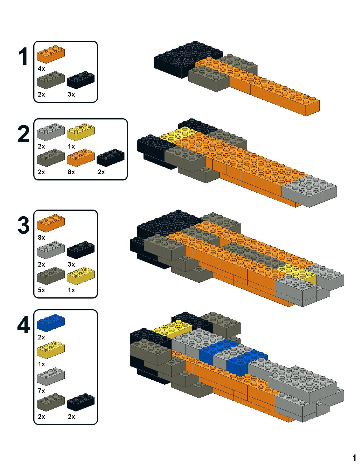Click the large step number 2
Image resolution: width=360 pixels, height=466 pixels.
pos(23,135)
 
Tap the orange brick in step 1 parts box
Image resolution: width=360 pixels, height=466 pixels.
pos(51,54)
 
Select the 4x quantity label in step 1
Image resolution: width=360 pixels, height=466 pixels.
pos(41,69)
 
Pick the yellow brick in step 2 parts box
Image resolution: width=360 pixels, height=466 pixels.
pos(80,132)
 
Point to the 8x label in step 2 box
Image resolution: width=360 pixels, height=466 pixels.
pos(71,172)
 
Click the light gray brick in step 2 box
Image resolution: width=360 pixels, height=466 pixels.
pos(51,132)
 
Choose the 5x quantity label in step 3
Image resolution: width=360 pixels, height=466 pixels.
pos(41,290)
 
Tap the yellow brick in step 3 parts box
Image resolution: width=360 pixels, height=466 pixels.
pos(80,276)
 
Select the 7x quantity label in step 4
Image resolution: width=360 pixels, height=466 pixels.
pos(41,391)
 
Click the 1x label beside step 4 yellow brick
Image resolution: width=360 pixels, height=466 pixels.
pos(41,364)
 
